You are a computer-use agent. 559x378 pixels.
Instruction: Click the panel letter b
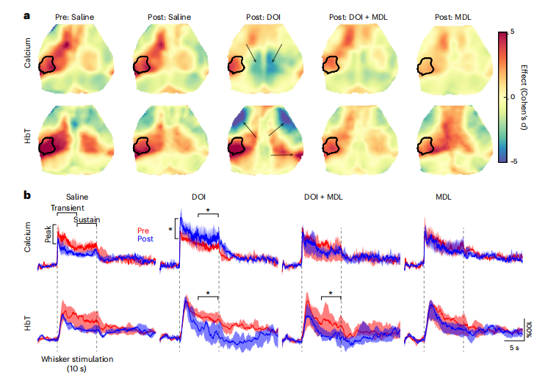27,195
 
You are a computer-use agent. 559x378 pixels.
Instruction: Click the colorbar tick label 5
511,32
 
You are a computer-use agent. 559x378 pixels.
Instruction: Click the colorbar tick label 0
511,96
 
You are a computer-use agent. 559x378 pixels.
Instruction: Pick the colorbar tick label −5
511,161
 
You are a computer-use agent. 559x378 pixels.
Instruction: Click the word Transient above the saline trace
68,208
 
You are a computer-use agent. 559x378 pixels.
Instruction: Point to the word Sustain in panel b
87,219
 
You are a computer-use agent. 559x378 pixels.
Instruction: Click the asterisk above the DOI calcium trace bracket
208,211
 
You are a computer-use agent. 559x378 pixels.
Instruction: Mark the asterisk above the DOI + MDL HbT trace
331,293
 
